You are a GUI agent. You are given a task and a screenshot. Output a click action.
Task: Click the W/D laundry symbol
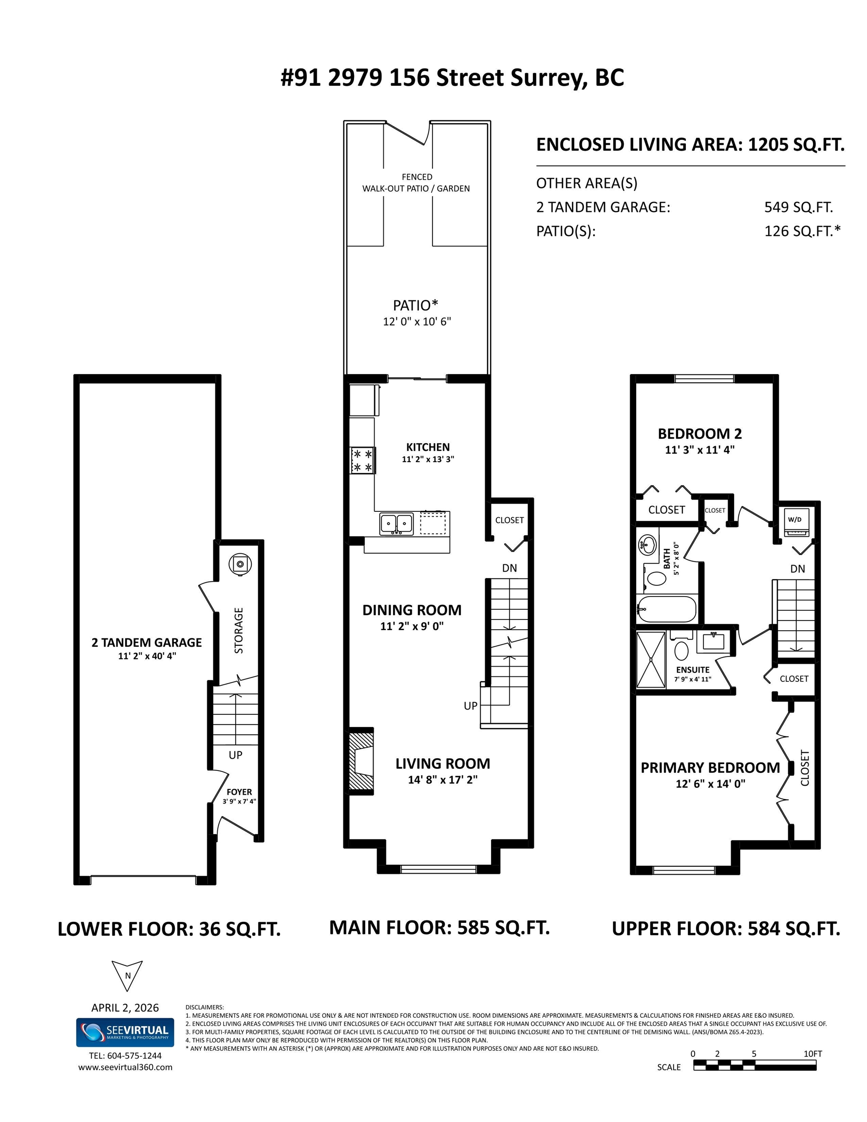click(x=794, y=522)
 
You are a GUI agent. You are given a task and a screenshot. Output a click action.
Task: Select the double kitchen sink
click(x=396, y=524)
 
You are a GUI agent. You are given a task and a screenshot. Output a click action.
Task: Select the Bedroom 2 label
click(x=700, y=433)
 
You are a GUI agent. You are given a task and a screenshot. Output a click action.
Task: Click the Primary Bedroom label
click(x=710, y=767)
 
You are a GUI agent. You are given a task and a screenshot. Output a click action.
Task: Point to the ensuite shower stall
click(x=651, y=660)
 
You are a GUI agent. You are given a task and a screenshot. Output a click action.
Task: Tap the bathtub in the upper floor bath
click(x=667, y=609)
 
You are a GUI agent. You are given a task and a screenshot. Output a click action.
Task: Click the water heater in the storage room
click(x=240, y=564)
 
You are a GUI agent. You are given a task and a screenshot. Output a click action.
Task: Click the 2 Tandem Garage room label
click(x=147, y=642)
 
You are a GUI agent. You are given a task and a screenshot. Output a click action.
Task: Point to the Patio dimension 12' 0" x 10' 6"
click(x=417, y=321)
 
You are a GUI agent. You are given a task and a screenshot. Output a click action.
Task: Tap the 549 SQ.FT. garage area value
click(x=799, y=207)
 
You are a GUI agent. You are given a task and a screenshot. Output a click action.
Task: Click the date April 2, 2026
click(x=125, y=1008)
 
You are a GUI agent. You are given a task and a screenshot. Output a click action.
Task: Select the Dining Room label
click(x=412, y=610)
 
